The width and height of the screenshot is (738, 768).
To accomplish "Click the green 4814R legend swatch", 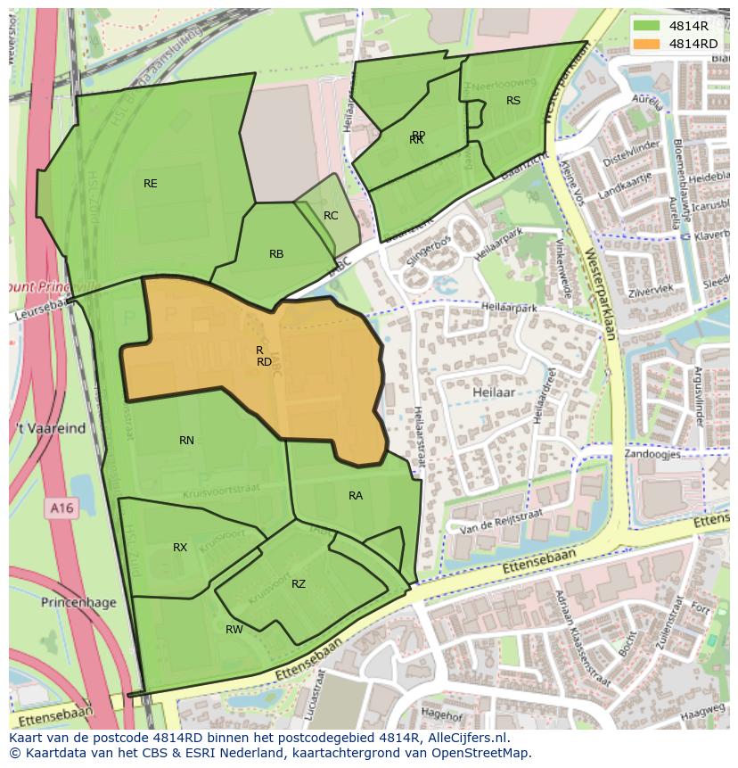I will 648,25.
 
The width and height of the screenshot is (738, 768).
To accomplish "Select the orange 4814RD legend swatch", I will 648,43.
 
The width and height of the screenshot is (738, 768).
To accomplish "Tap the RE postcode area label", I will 151,184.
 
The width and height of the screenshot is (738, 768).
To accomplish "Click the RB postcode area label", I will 276,254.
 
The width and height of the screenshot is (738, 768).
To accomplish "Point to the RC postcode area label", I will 331,216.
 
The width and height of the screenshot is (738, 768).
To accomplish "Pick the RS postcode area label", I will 513,101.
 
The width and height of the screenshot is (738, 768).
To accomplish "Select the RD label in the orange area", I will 264,362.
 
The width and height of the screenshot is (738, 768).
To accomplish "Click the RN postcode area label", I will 186,441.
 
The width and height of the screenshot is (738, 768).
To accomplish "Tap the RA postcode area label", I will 356,496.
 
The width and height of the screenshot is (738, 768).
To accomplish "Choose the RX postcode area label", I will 180,548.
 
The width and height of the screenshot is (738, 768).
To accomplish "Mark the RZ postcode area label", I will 299,584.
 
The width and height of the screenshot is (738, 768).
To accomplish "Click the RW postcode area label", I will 234,630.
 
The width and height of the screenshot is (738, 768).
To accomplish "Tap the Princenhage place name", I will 78,603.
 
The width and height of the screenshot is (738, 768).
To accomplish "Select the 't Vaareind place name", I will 48,428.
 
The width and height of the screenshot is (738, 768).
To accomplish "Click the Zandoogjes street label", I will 652,454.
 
